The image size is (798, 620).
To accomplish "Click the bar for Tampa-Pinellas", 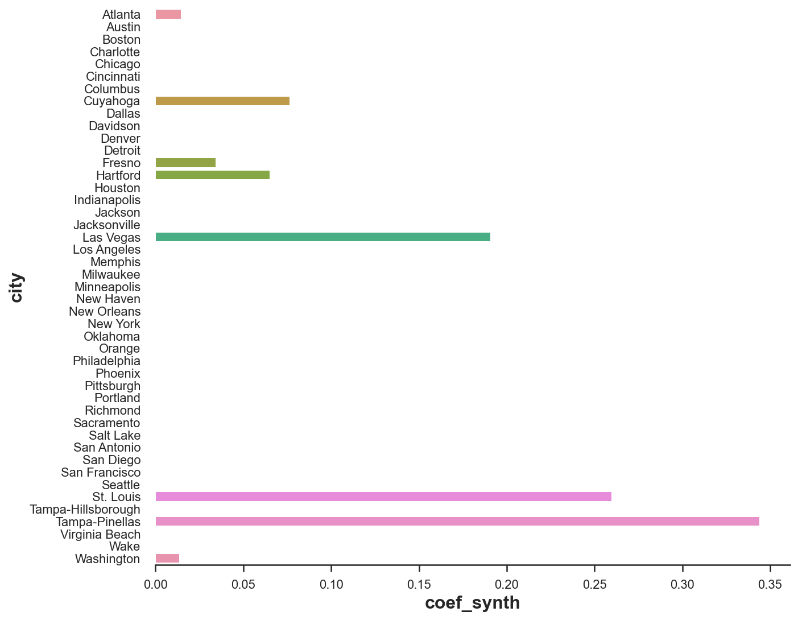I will click(x=457, y=522).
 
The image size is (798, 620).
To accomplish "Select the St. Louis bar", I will click(x=383, y=497).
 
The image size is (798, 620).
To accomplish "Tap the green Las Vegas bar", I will click(x=323, y=237).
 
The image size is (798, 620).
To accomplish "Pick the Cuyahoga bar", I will click(x=222, y=101).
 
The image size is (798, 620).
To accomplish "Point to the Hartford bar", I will click(x=213, y=175).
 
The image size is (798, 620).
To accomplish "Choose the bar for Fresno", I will click(x=185, y=163).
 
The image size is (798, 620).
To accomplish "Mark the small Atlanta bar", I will click(x=168, y=15).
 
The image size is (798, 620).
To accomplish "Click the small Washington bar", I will click(x=167, y=559).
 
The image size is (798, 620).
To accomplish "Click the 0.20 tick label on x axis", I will click(x=506, y=585).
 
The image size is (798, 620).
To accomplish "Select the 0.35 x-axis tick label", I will click(x=770, y=585).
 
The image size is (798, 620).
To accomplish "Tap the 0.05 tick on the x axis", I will click(x=243, y=585).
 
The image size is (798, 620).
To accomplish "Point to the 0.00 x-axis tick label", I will click(x=155, y=585).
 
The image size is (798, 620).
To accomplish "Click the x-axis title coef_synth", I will click(x=472, y=603).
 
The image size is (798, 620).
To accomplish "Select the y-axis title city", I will click(x=16, y=287).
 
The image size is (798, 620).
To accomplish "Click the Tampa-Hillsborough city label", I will click(x=85, y=510).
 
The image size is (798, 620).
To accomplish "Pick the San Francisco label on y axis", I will click(x=101, y=473).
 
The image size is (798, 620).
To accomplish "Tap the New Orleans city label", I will click(x=105, y=312).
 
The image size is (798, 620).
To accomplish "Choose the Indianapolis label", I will click(x=107, y=200).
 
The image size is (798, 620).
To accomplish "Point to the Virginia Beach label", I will click(x=100, y=535).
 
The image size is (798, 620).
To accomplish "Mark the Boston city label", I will click(x=121, y=40).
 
